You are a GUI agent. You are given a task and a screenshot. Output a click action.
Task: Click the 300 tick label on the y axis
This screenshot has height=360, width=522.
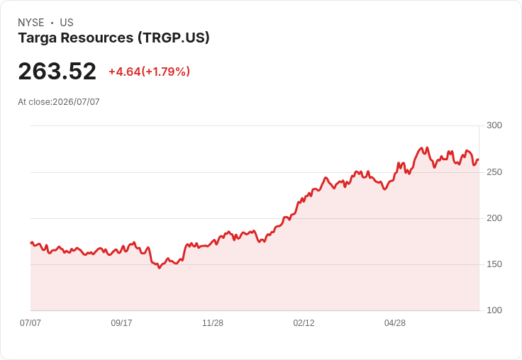[494, 125]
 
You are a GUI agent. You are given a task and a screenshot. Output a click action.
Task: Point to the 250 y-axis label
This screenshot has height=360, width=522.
[494, 172]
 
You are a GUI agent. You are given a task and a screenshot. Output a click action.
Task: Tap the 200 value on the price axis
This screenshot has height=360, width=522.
[494, 218]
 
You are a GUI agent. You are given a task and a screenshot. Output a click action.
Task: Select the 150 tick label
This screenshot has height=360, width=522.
[494, 264]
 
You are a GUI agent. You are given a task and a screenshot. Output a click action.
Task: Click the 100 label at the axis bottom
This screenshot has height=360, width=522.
[494, 310]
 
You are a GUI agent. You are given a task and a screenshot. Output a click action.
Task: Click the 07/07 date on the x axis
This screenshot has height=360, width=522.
[30, 322]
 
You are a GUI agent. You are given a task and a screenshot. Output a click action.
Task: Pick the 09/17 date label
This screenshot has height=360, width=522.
[121, 322]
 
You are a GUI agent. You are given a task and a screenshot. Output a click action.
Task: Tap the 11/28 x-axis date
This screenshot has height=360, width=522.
[213, 322]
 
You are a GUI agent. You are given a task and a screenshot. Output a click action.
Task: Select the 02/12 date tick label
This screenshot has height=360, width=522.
[304, 322]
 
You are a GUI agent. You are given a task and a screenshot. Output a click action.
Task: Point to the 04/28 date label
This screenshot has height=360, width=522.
[395, 322]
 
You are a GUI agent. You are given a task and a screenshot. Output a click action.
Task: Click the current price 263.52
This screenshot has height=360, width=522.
[57, 71]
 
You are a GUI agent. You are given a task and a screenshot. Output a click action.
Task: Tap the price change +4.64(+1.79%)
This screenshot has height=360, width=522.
[149, 72]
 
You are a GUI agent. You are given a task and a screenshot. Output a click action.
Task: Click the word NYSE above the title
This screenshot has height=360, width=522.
[31, 23]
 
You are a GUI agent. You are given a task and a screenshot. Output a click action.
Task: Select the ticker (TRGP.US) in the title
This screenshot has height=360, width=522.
[174, 38]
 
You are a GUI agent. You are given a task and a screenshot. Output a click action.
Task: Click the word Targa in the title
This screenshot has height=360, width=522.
[38, 38]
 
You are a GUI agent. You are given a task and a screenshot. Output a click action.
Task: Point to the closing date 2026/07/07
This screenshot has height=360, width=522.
[76, 102]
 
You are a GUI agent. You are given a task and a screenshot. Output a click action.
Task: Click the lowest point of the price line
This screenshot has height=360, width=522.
[160, 268]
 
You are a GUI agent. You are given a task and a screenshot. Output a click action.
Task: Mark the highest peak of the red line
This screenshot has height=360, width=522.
[428, 147]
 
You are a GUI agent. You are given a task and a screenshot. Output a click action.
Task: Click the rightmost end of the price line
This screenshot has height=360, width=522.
[478, 159]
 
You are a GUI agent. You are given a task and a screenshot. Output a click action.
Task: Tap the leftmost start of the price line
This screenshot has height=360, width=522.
[31, 243]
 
